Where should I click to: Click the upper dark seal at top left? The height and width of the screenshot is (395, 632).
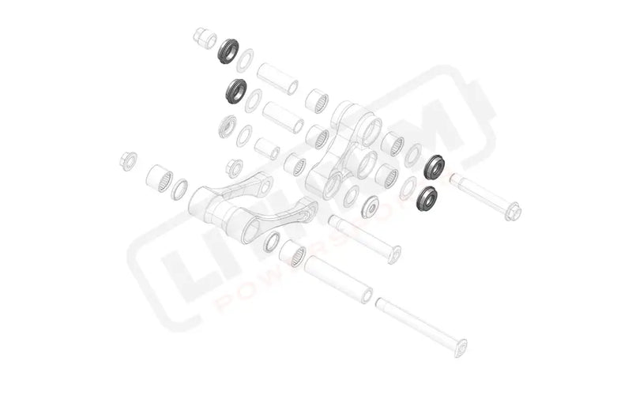tap(229, 51)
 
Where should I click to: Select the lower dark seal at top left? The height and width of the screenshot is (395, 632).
tap(236, 91)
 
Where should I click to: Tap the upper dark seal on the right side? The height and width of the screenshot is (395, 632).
tap(434, 167)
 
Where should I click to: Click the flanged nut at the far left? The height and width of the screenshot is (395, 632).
tap(127, 160)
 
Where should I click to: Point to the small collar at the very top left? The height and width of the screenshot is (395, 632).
tap(204, 38)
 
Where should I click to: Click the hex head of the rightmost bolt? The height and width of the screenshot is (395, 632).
tap(512, 211)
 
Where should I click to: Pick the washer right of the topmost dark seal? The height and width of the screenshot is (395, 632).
tap(246, 60)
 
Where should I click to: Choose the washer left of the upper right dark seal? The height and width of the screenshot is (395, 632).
tap(413, 156)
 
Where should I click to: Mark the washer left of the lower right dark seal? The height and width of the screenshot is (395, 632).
tap(408, 187)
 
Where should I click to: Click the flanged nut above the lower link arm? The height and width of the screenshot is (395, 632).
tap(234, 168)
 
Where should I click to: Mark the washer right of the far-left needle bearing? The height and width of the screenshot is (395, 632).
tap(180, 189)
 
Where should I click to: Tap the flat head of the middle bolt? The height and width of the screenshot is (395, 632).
tap(393, 254)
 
